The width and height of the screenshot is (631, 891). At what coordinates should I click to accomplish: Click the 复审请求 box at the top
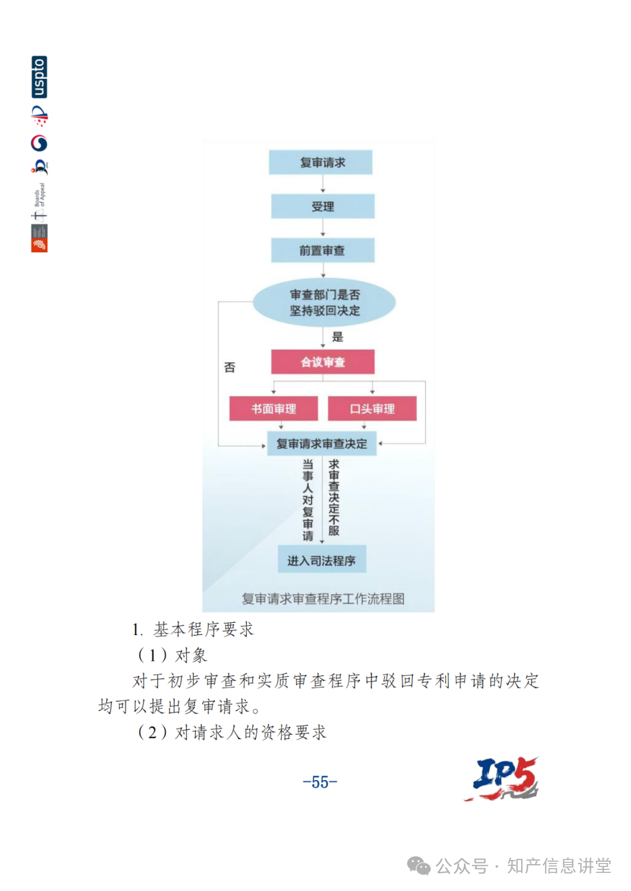pos(321,162)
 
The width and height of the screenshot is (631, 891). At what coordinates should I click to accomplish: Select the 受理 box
pos(323,206)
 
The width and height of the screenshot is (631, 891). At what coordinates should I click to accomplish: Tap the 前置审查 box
pos(323,251)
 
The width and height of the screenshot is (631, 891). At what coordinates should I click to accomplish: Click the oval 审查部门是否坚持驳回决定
pos(324,303)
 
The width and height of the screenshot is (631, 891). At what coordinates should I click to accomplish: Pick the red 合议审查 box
pos(323,362)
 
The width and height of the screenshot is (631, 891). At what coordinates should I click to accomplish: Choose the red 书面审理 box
pos(273,409)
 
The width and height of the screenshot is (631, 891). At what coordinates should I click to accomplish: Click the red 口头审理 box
pos(372,409)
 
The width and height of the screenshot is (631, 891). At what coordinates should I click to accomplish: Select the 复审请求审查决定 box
pos(322,444)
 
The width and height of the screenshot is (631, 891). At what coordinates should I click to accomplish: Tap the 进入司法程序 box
pos(322,560)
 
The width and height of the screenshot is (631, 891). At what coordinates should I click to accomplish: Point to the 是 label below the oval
pos(338,337)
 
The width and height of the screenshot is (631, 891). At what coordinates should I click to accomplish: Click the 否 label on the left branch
pos(230,368)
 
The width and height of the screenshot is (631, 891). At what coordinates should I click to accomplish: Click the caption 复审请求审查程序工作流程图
pos(323,599)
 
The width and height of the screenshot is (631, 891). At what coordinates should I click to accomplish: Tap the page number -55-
pos(320,782)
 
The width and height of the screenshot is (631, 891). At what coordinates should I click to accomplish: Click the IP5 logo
pos(502,779)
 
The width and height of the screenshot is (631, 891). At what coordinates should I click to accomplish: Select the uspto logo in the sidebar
pos(39,77)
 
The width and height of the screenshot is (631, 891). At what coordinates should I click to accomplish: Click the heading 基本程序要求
pos(203,629)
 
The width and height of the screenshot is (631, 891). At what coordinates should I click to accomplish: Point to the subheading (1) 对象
pos(172,655)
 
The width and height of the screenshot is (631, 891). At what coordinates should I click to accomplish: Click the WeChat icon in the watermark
pos(418,866)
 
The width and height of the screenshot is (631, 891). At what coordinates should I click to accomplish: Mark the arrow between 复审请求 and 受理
pos(323,184)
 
